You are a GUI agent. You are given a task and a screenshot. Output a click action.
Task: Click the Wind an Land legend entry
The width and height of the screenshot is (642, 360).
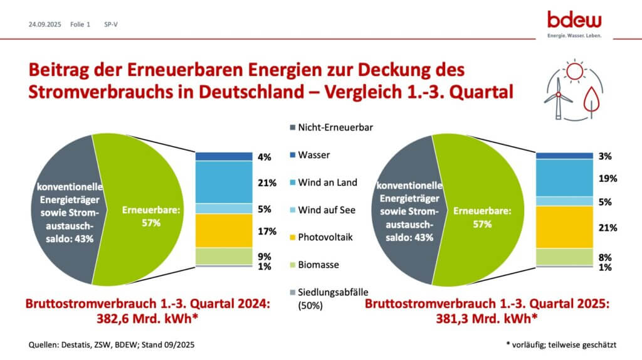click(x=327, y=182)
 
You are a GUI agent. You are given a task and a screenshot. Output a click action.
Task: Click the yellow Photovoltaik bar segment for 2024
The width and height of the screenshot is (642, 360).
click(x=223, y=231)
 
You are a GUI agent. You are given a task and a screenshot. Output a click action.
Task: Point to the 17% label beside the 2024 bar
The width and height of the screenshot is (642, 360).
click(x=266, y=231)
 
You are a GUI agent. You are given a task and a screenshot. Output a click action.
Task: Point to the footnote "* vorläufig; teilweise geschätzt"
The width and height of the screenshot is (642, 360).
click(x=561, y=345)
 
